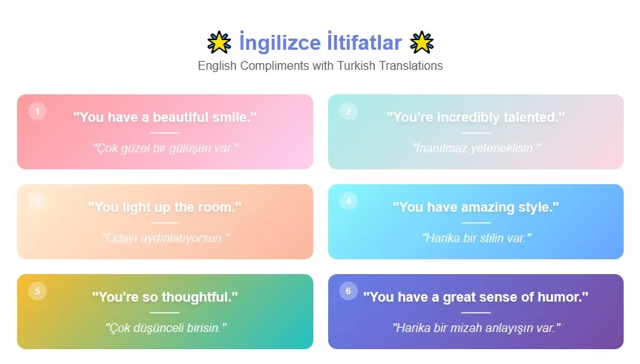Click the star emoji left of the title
(x=219, y=42)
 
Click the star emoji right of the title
(x=422, y=42)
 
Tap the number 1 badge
(x=37, y=111)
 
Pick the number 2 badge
(x=348, y=111)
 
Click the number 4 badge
(x=348, y=201)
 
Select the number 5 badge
(x=37, y=290)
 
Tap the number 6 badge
(x=348, y=290)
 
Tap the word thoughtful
(x=196, y=297)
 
